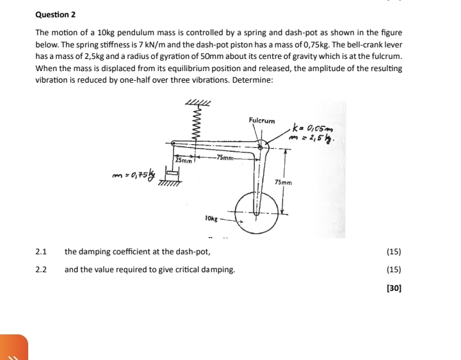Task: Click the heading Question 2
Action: [x=56, y=14]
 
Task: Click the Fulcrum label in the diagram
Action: [x=261, y=120]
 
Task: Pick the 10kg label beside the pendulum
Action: [x=212, y=218]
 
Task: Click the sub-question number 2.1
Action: [x=41, y=252]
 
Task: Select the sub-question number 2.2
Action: [x=41, y=270]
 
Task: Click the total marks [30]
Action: [x=394, y=288]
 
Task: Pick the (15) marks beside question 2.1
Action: [x=394, y=252]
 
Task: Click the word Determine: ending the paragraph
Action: [x=253, y=79]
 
